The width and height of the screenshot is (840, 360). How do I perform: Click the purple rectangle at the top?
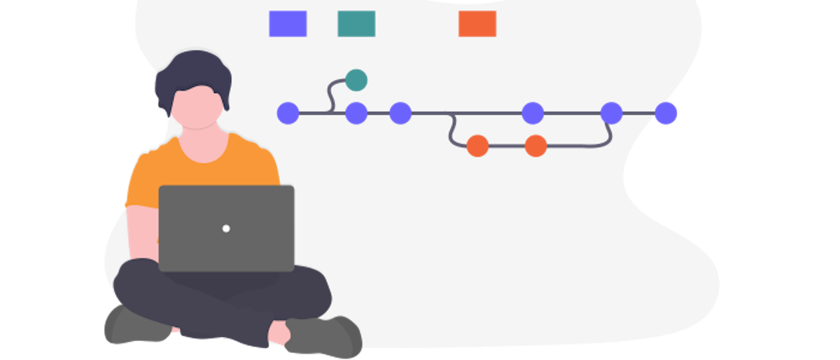(x=288, y=24)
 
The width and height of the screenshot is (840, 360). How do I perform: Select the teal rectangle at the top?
(x=356, y=24)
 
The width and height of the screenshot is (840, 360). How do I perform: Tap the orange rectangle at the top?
(x=477, y=24)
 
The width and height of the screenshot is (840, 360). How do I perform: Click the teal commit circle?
(x=356, y=80)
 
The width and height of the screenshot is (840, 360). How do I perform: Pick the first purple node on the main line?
(x=288, y=113)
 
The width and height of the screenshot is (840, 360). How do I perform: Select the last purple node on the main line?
(x=666, y=113)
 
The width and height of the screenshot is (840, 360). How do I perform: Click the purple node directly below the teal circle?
(x=356, y=113)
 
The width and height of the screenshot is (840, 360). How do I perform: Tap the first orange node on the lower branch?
(x=477, y=146)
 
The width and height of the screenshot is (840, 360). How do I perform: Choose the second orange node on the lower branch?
(x=535, y=146)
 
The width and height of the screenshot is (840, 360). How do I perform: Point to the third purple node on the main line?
(x=400, y=113)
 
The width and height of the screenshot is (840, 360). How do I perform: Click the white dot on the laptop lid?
(x=226, y=228)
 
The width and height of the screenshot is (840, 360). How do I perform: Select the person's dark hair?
(x=192, y=70)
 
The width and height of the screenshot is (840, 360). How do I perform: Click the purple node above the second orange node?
(x=533, y=113)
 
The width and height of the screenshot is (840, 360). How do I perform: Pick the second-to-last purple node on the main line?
(x=611, y=113)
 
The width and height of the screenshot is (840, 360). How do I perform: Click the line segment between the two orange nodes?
(x=506, y=146)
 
